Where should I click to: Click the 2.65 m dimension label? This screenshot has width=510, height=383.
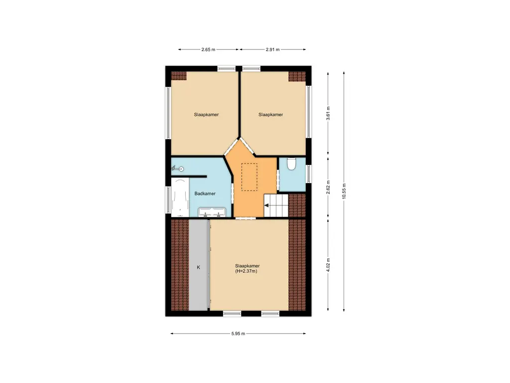pyautogui.click(x=208, y=49)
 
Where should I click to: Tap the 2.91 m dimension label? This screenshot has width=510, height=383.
pyautogui.click(x=272, y=49)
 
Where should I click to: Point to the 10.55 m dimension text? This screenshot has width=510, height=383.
pyautogui.click(x=344, y=191)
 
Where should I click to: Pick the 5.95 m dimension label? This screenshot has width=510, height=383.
pyautogui.click(x=238, y=334)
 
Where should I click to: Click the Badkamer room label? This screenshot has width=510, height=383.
pyautogui.click(x=205, y=193)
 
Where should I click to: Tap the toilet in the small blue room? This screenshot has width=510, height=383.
pyautogui.click(x=292, y=164)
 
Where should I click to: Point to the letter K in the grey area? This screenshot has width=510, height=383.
pyautogui.click(x=198, y=267)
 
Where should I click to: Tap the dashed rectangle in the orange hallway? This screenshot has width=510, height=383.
pyautogui.click(x=249, y=177)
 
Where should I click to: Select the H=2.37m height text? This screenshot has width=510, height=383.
pyautogui.click(x=247, y=271)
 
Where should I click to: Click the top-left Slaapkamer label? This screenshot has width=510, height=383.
pyautogui.click(x=206, y=115)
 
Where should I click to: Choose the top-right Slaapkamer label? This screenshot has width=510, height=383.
pyautogui.click(x=270, y=115)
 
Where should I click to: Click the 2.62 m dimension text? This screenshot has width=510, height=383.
pyautogui.click(x=328, y=188)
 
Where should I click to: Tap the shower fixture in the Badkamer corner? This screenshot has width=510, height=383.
pyautogui.click(x=178, y=169)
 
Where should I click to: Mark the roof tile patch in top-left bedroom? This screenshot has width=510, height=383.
pyautogui.click(x=178, y=76)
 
